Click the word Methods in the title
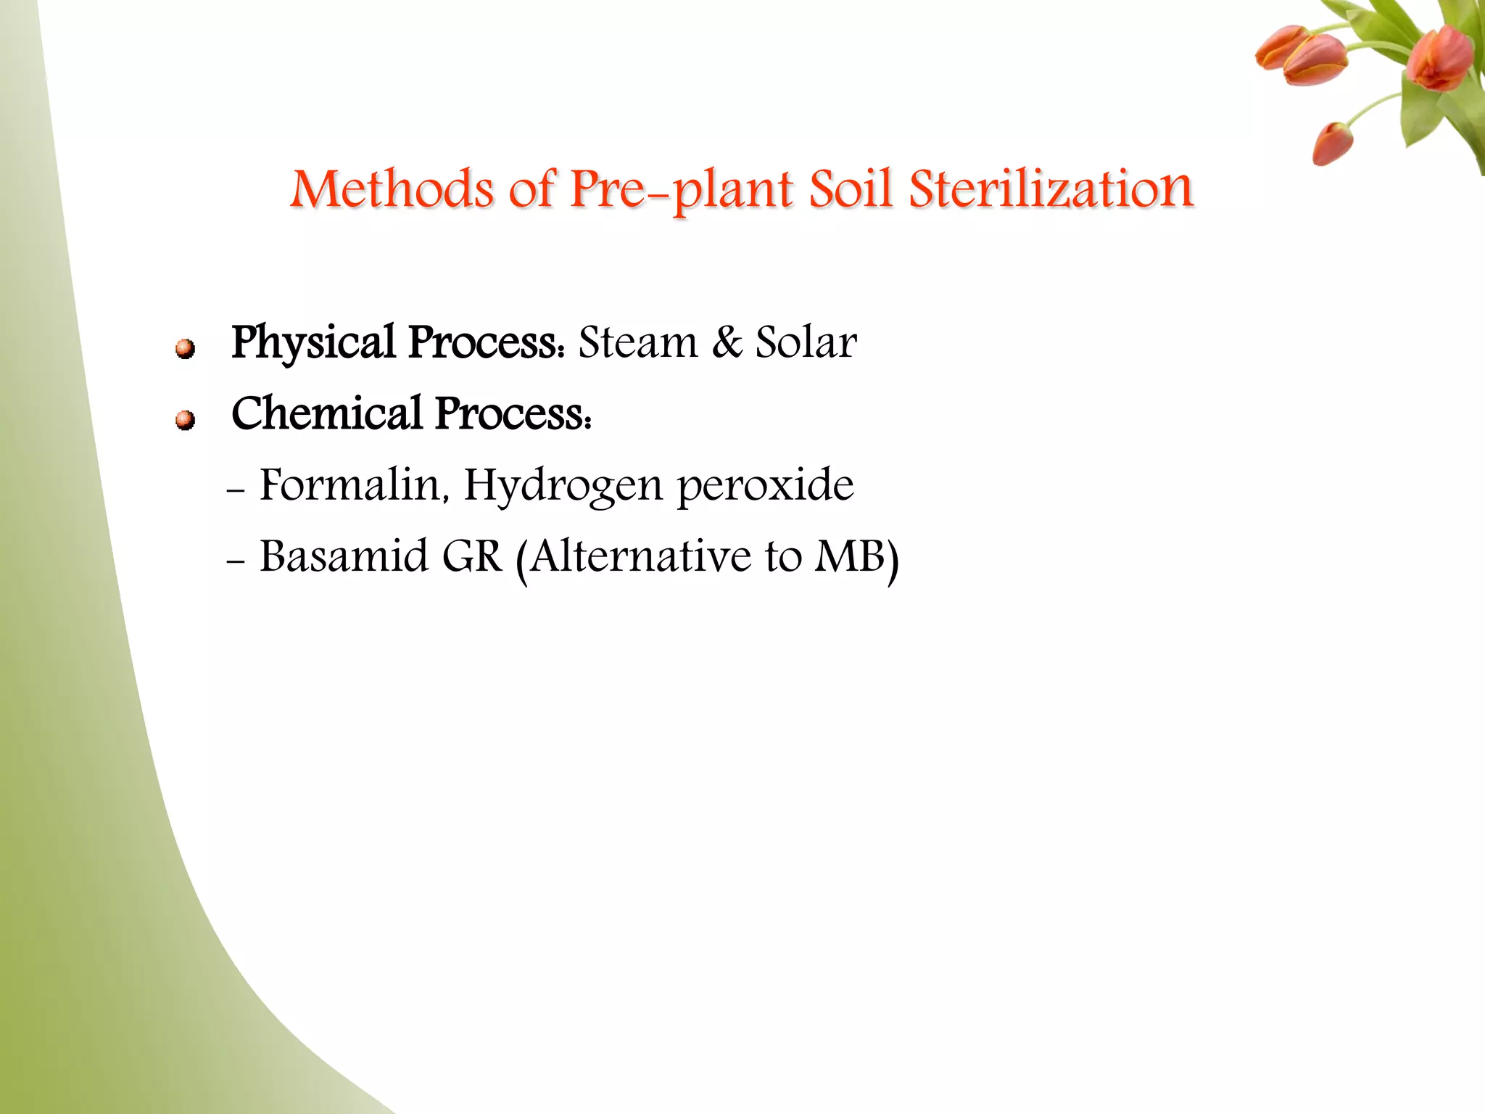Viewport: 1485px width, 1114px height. (x=392, y=190)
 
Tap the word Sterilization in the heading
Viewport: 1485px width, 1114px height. (x=1051, y=190)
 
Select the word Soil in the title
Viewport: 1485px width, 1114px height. (x=850, y=190)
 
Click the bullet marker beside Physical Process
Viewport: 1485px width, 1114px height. (x=186, y=349)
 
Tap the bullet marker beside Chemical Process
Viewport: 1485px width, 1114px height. (x=186, y=420)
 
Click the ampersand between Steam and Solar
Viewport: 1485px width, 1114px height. (x=727, y=342)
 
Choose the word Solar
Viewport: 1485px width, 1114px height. (x=806, y=342)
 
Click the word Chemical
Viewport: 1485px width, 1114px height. (x=326, y=413)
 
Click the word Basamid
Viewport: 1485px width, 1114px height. (x=344, y=556)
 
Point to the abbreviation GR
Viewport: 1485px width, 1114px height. (x=472, y=556)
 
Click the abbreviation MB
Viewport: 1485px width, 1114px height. (x=850, y=556)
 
